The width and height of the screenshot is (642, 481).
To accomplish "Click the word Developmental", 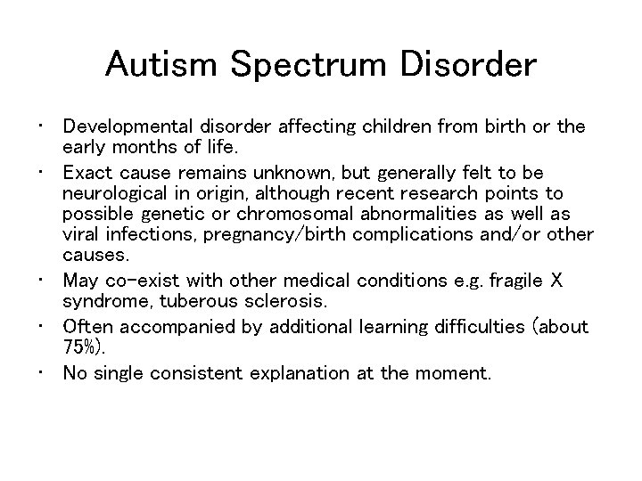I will pyautogui.click(x=125, y=126).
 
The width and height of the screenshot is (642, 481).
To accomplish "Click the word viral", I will pyautogui.click(x=81, y=233).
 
